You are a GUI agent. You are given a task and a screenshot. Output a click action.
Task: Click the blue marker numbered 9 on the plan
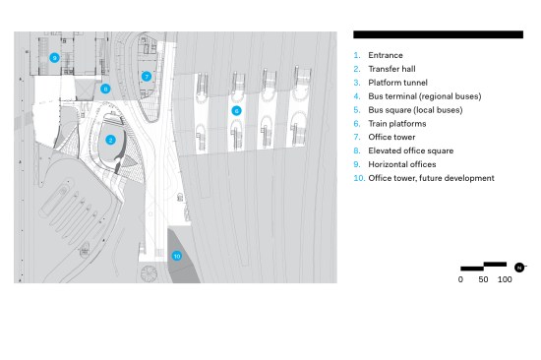(54, 58)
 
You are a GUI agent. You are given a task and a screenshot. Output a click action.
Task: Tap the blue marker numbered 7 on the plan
(147, 77)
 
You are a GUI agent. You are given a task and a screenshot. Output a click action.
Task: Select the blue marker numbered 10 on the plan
(177, 256)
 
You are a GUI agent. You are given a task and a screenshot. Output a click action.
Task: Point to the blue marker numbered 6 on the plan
(236, 110)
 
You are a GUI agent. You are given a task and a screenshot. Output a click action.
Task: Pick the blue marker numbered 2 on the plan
(110, 140)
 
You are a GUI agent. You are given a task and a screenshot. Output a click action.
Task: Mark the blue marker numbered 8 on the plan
(105, 89)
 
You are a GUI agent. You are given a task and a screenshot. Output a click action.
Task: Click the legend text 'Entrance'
(386, 55)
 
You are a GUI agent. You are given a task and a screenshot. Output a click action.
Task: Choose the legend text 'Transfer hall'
(391, 69)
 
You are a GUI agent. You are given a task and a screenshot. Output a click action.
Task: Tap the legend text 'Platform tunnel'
(397, 83)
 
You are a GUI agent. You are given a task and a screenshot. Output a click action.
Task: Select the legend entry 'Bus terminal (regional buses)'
(425, 96)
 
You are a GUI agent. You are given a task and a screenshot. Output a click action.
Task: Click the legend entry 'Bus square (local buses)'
(415, 110)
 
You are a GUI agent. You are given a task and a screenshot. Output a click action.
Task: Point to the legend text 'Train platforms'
(397, 124)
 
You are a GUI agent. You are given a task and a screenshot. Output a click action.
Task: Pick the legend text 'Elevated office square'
(411, 150)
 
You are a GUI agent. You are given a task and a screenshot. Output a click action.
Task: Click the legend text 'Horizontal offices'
(402, 164)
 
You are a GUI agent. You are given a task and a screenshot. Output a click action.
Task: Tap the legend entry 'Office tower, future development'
(431, 178)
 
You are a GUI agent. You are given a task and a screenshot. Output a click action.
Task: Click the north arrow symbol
(519, 268)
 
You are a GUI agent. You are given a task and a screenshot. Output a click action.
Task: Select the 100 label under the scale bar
(505, 279)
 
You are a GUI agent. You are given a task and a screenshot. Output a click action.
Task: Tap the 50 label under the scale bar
(483, 279)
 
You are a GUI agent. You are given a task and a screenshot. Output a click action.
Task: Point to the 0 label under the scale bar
(460, 279)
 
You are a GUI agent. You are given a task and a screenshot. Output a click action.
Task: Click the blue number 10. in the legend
(359, 178)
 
